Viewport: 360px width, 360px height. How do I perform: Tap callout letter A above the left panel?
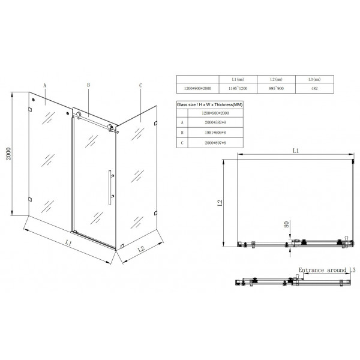(x=45, y=86)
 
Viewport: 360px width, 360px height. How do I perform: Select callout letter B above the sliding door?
(x=88, y=86)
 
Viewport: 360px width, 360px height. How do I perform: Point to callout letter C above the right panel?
(x=140, y=86)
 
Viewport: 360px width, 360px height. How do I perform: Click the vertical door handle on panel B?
(x=110, y=187)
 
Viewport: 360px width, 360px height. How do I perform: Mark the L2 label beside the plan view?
(x=220, y=202)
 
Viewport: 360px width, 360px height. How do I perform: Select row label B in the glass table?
(x=181, y=131)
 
